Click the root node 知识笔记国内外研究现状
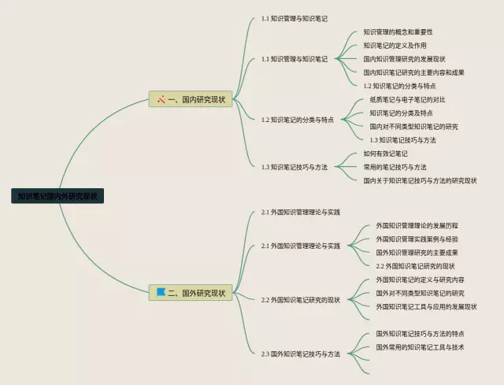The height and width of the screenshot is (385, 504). click(57, 196)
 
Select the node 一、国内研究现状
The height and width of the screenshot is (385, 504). click(191, 99)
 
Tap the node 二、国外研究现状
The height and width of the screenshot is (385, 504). click(191, 293)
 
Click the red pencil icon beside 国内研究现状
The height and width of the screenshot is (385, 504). click(161, 99)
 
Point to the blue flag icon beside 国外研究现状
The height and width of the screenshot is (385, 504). click(161, 292)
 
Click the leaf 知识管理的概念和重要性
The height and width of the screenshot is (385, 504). click(398, 32)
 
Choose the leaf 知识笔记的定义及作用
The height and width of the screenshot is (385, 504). click(395, 46)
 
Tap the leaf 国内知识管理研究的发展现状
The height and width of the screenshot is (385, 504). click(404, 59)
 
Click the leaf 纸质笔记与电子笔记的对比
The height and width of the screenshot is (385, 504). click(407, 100)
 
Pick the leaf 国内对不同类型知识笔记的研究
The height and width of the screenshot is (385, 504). click(413, 126)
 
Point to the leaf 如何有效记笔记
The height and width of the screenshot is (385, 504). click(385, 154)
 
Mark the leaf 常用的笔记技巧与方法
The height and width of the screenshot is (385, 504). click(395, 167)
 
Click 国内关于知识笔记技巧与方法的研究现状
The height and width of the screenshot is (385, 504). click(420, 180)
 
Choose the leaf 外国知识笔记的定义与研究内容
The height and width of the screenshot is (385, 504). click(420, 279)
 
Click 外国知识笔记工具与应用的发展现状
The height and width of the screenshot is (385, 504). click(426, 306)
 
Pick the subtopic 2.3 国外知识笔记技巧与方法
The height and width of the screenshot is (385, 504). click(301, 354)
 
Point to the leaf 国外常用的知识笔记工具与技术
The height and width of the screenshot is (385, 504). click(420, 347)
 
